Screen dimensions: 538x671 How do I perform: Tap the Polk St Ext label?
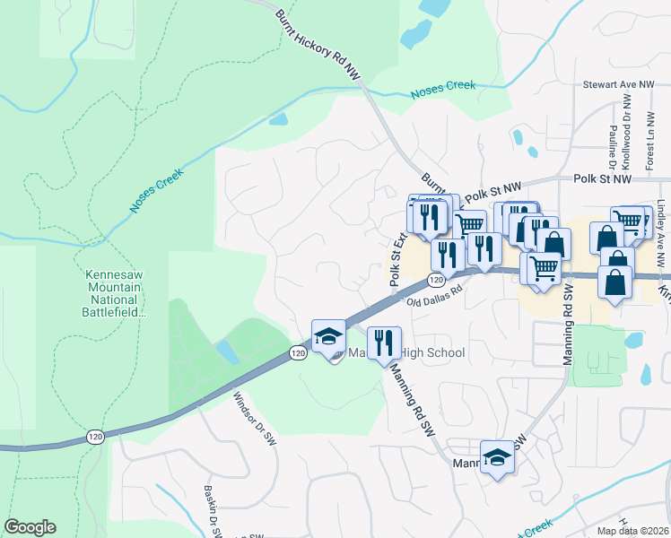tap(397, 259)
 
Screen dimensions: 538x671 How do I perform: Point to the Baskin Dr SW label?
tap(213, 512)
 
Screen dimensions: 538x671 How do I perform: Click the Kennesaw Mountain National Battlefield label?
tap(114, 292)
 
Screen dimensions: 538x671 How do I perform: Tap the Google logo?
tap(30, 527)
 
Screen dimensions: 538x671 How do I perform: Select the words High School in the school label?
tap(434, 353)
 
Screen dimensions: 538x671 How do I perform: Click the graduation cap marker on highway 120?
tap(328, 336)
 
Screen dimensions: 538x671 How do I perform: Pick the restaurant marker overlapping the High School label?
tap(384, 342)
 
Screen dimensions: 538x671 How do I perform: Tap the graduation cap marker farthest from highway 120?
tap(496, 457)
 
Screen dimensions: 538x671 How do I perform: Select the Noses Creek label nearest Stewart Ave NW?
tap(441, 91)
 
